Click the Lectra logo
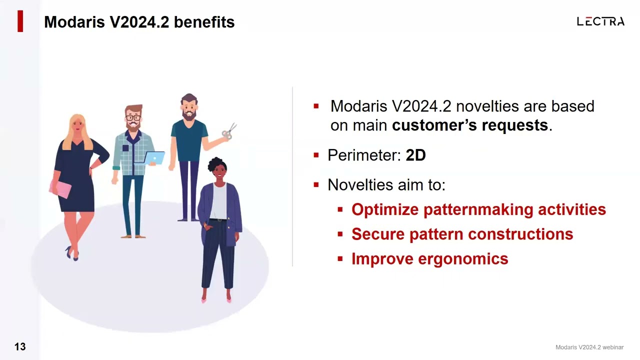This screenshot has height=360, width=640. tap(600, 21)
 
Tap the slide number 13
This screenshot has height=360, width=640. tap(20, 346)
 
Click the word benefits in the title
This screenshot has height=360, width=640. tap(204, 22)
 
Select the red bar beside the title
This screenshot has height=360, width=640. tap(20, 21)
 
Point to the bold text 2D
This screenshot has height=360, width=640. tap(415, 155)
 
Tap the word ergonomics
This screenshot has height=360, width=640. tap(463, 259)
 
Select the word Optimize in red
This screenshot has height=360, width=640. tap(385, 209)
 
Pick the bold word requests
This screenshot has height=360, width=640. tap(515, 125)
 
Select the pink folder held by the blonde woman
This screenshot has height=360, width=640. tap(60, 189)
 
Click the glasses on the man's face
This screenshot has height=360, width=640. tap(133, 117)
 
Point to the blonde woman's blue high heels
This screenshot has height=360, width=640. tap(72, 253)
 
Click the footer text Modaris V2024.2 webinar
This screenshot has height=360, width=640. tap(589, 347)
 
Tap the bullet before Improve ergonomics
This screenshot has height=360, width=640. tap(340, 259)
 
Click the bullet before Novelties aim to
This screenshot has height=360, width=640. tap(316, 185)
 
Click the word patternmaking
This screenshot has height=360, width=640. tap(478, 210)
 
